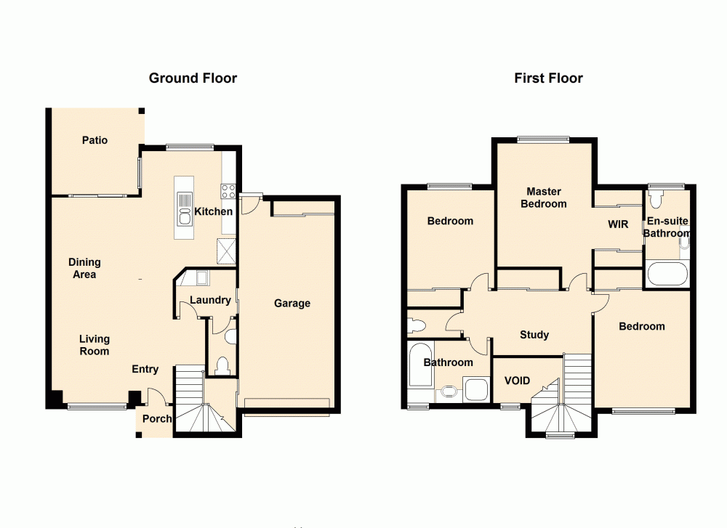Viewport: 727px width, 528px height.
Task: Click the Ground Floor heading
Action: (193, 78)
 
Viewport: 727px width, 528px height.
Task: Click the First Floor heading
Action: (548, 78)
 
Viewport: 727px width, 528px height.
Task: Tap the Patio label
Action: (95, 140)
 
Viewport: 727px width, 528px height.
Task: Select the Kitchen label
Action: (214, 212)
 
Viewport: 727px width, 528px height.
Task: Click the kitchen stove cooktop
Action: (228, 192)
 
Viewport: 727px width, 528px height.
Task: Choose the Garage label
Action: (292, 303)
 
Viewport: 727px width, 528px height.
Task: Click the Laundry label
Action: (210, 300)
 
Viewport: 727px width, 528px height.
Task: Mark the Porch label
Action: (156, 419)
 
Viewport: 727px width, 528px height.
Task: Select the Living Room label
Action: (95, 345)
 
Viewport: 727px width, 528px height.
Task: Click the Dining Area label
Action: (84, 268)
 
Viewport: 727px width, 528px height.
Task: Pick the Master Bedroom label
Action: (544, 198)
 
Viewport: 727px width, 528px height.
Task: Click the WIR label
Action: (618, 224)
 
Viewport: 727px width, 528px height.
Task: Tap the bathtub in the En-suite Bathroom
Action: (667, 275)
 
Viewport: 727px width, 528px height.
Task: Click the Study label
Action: (534, 335)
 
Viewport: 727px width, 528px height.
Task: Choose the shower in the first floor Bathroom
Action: (478, 390)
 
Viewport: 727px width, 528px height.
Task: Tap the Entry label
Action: (145, 369)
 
